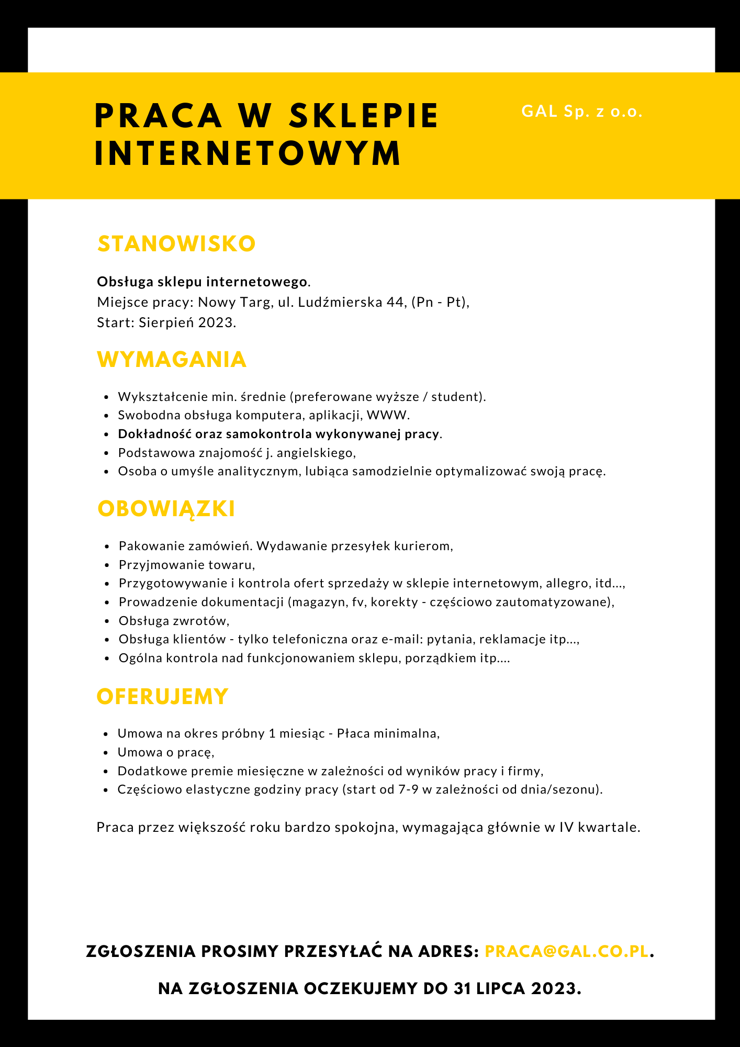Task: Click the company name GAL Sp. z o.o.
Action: coord(581,112)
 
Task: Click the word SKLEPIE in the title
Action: coord(364,116)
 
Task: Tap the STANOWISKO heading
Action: coord(176,244)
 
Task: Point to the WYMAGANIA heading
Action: coord(172,360)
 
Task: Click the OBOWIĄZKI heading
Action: coord(166,509)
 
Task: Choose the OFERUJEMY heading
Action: coord(163,697)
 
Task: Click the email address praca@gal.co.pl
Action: coord(567,951)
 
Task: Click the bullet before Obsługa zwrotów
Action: coord(106,621)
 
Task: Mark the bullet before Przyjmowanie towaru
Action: coord(106,565)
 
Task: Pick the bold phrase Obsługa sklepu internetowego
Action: coord(202,282)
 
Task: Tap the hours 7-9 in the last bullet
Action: coord(408,789)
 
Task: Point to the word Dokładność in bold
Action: coord(154,434)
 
